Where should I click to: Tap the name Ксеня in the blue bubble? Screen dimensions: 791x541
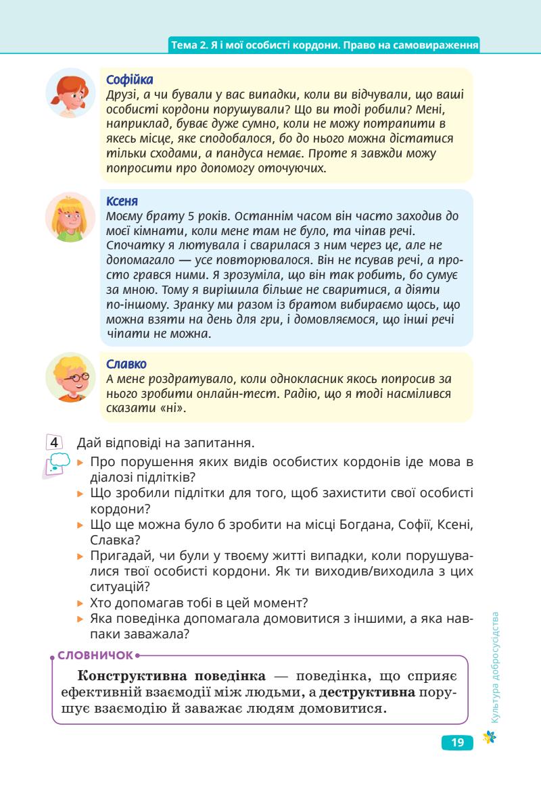(x=122, y=201)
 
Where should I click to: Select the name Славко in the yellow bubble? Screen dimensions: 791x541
(x=126, y=364)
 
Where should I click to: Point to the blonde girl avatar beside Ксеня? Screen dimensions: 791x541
(x=71, y=217)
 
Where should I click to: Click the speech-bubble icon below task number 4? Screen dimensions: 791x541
(x=56, y=465)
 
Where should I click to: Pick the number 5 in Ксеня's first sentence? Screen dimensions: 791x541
(x=174, y=216)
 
